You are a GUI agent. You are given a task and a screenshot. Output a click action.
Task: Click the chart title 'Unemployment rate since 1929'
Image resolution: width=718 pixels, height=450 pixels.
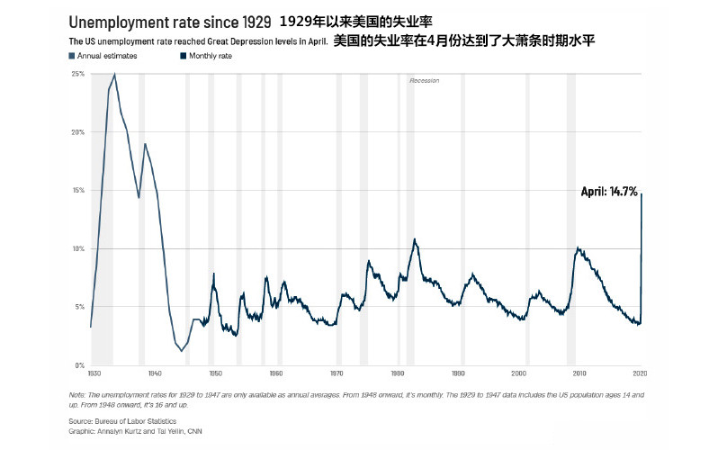click(x=169, y=21)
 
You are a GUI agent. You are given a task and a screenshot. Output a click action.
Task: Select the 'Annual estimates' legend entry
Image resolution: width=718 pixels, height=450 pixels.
click(x=98, y=56)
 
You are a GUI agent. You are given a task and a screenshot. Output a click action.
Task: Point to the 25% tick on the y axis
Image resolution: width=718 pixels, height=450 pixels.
click(x=77, y=74)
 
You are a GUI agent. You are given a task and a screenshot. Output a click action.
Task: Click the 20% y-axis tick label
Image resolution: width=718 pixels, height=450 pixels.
click(x=77, y=132)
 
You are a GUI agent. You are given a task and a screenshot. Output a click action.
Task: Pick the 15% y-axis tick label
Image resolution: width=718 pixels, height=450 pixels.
click(x=77, y=191)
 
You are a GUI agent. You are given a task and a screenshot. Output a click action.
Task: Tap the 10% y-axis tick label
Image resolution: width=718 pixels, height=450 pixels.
click(x=77, y=248)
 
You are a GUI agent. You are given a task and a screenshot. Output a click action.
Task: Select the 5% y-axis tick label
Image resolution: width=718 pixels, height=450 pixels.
click(x=79, y=307)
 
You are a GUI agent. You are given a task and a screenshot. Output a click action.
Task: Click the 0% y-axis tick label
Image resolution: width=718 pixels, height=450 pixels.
click(x=79, y=365)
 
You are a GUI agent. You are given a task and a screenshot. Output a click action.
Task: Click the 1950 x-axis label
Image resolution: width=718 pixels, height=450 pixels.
click(x=214, y=373)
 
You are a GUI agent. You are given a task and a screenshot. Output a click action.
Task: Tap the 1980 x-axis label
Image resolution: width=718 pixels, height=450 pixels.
click(x=398, y=373)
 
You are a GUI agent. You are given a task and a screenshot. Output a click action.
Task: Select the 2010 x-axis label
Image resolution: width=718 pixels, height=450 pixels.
click(x=580, y=373)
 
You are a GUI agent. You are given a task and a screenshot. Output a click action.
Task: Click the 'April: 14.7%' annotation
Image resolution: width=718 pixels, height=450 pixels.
click(x=608, y=192)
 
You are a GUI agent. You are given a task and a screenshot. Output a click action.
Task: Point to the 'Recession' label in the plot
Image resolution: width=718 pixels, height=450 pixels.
click(x=424, y=81)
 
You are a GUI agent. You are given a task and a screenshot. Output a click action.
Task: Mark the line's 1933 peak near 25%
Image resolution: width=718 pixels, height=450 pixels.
click(x=114, y=75)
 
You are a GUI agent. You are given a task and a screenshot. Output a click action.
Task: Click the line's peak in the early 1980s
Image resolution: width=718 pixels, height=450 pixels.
click(x=415, y=239)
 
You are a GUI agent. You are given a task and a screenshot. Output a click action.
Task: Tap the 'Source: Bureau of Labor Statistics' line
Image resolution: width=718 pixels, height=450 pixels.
click(x=122, y=420)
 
